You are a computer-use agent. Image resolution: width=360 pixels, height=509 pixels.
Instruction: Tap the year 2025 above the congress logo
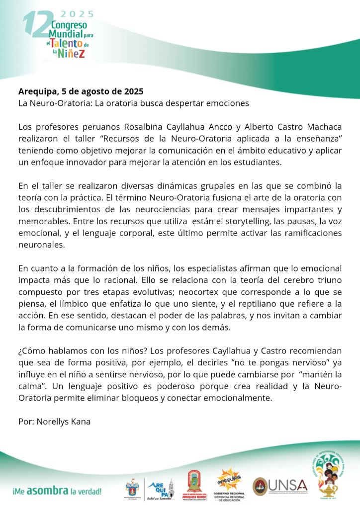click(77, 14)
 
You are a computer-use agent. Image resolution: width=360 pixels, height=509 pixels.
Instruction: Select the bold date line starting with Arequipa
click(81, 91)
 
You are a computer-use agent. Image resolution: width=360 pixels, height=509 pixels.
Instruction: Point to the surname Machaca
click(321, 127)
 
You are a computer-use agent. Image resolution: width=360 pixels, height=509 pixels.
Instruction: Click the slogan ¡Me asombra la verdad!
click(57, 492)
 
